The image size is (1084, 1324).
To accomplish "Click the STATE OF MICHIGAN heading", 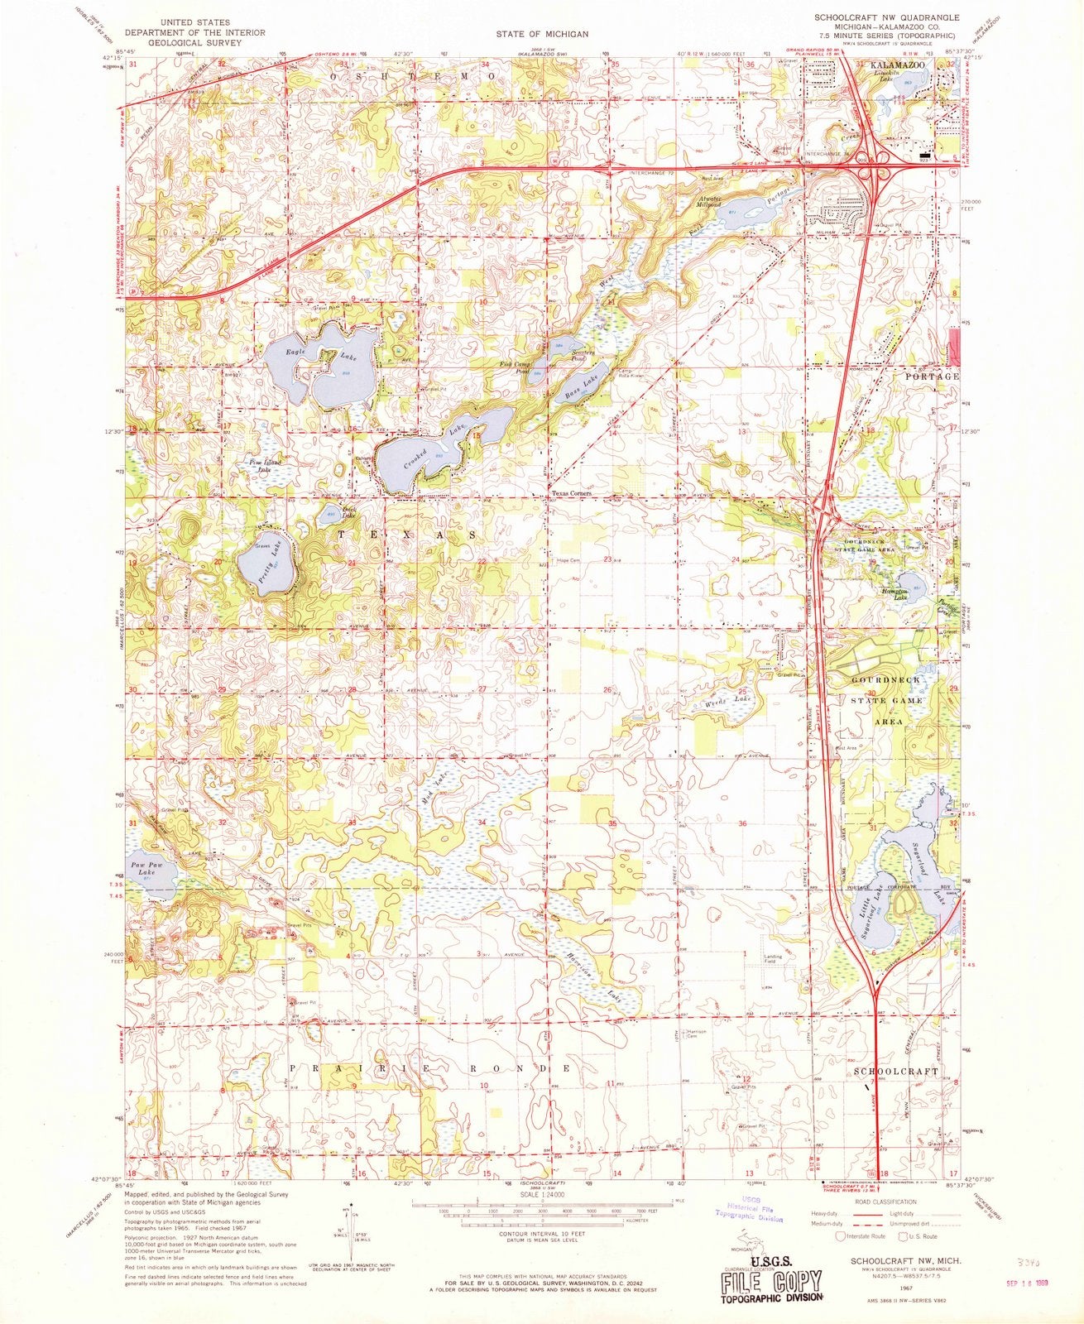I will tap(542, 34).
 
